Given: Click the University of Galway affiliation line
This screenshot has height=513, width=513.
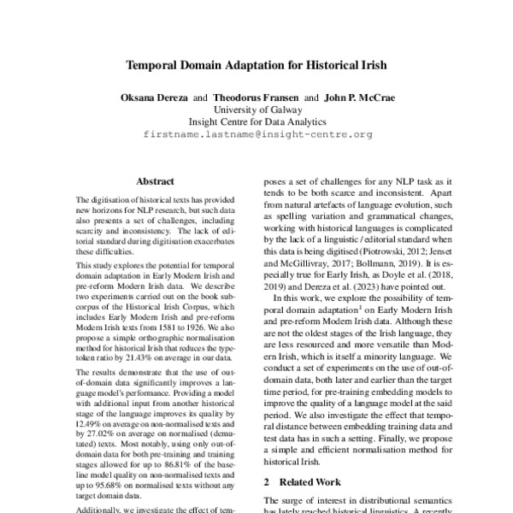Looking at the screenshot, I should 256,110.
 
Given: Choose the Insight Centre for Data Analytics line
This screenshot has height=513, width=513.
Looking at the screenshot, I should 256,122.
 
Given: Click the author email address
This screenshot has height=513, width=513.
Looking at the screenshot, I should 256,135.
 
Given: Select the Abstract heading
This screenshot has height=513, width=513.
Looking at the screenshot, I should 155,181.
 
